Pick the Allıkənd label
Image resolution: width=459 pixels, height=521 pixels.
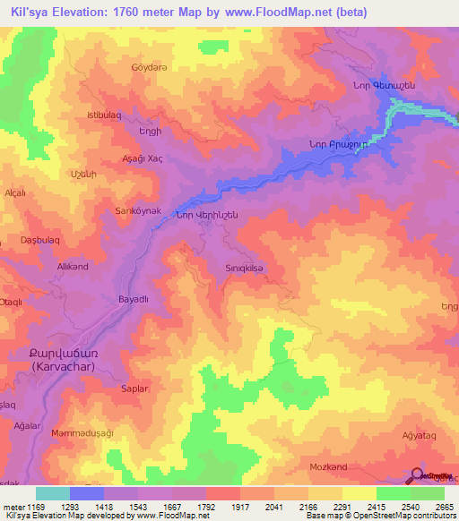click(x=73, y=267)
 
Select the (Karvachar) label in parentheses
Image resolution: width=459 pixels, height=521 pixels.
click(x=71, y=367)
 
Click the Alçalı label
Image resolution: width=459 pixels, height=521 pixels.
click(x=15, y=192)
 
